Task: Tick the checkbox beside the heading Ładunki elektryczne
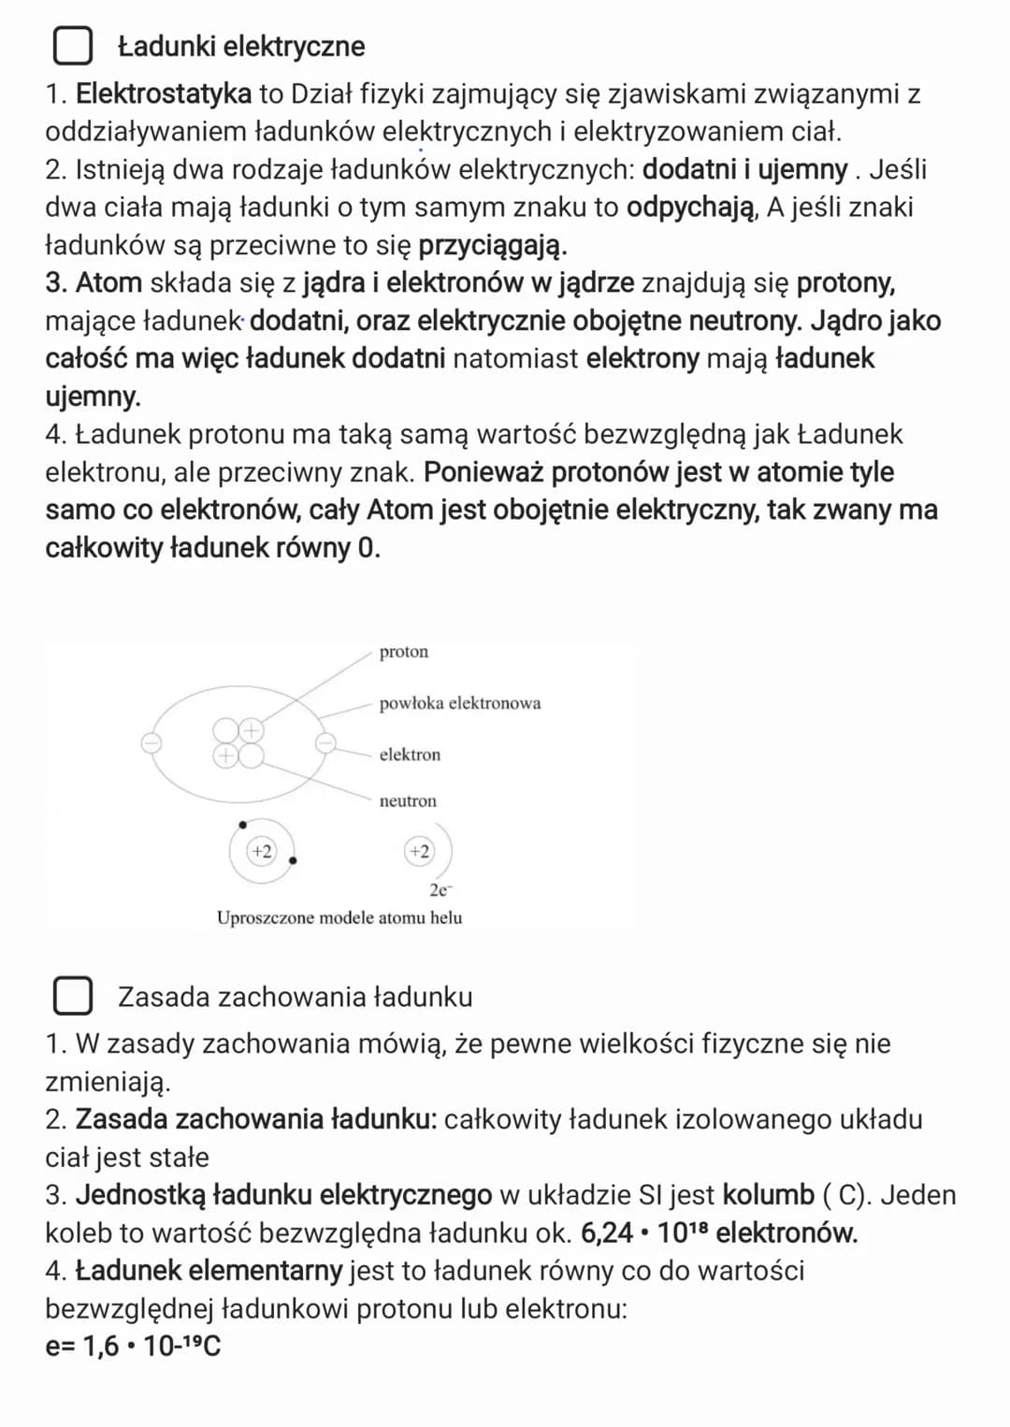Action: coord(72,46)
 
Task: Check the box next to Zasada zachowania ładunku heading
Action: coord(72,996)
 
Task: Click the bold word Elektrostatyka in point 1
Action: coord(164,94)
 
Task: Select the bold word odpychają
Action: coord(690,207)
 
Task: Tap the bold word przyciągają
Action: coord(492,245)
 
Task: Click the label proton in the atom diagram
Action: coord(404,652)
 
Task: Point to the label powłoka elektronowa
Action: coord(459,703)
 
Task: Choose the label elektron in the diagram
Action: coord(410,755)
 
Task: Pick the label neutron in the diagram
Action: coord(408,801)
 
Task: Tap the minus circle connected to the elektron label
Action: coord(325,743)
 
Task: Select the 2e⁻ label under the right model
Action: coord(440,889)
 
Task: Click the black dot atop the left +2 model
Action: coord(242,825)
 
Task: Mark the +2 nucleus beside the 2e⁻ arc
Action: coord(419,851)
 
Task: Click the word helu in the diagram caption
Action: coord(446,917)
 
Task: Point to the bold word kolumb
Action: coord(769,1195)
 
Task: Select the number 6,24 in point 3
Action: coord(607,1233)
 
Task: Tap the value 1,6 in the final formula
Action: coord(101,1347)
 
